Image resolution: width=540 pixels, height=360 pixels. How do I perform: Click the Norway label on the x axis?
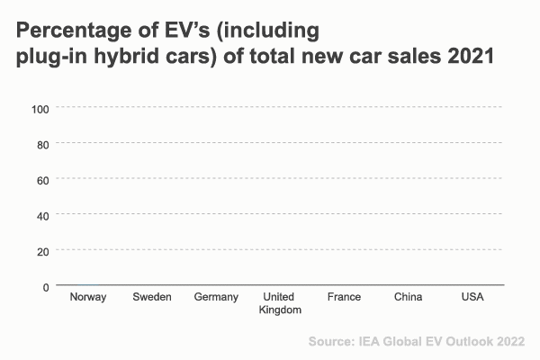click(x=88, y=297)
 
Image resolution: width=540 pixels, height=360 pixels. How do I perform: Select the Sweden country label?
click(x=151, y=297)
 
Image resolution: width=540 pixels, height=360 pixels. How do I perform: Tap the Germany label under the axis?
click(x=216, y=297)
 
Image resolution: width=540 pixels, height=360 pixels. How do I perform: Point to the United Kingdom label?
click(x=280, y=303)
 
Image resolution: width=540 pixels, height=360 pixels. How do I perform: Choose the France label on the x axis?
click(x=344, y=297)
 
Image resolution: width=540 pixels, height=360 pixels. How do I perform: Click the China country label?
click(x=408, y=297)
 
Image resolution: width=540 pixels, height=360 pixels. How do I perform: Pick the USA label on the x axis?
click(x=472, y=297)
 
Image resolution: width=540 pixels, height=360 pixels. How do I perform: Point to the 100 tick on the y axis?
click(x=40, y=108)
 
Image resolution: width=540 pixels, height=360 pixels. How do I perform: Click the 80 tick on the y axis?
click(x=42, y=143)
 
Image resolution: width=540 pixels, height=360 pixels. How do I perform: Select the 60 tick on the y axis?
click(x=42, y=179)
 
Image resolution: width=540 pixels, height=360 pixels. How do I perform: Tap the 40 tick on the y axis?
click(x=42, y=214)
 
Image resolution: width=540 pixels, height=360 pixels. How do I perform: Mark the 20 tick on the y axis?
click(x=42, y=250)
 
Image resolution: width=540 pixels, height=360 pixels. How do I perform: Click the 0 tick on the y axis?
click(x=45, y=286)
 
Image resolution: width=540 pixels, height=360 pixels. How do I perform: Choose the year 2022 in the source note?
click(x=508, y=341)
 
